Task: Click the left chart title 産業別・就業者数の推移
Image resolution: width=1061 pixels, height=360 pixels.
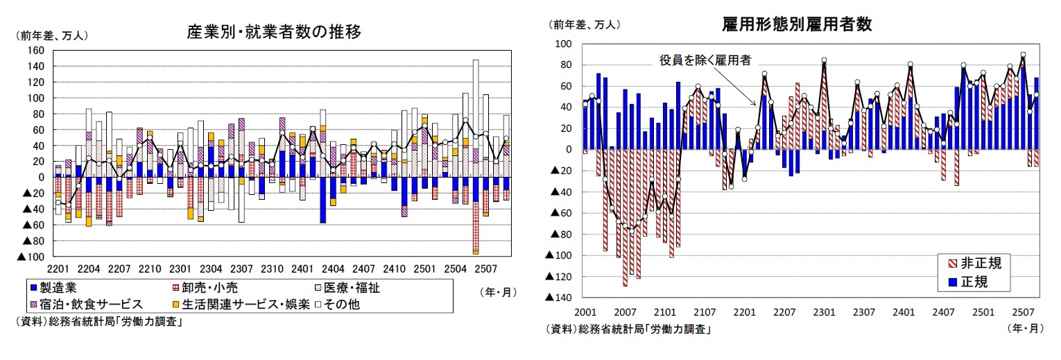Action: pos(274,32)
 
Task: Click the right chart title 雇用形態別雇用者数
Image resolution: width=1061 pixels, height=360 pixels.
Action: pos(796,24)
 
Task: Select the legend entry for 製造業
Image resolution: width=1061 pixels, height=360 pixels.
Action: pos(55,288)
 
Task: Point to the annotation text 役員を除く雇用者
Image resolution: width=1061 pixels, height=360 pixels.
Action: pos(705,60)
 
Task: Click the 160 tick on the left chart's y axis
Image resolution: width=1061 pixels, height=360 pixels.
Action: pos(35,51)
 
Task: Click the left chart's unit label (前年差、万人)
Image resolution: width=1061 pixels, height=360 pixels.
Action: pos(52,35)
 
